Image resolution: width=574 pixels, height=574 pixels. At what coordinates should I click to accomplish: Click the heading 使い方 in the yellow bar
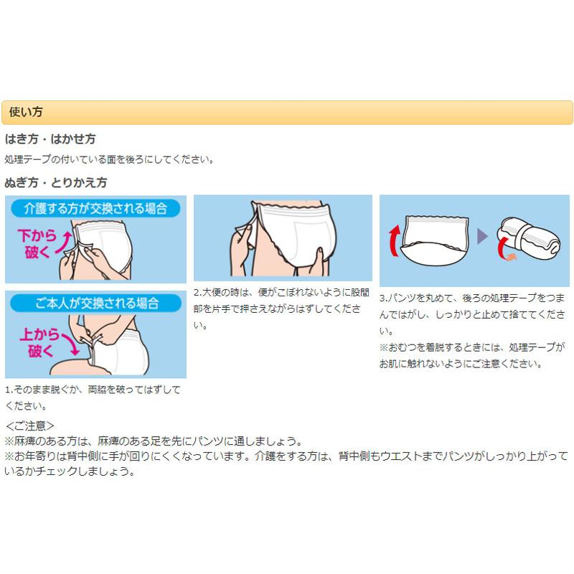tap(27, 112)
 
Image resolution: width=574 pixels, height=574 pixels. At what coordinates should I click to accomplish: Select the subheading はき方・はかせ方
tap(50, 139)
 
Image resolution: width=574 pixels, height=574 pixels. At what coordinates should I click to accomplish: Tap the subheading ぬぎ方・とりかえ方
tap(56, 182)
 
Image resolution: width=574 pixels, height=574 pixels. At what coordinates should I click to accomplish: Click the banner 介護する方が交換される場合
tap(95, 209)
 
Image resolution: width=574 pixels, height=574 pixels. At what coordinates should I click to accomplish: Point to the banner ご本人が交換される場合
tap(95, 303)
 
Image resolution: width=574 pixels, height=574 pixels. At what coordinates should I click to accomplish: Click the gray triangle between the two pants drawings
tap(482, 236)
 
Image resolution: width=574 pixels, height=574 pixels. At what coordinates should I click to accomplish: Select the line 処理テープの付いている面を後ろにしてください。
tap(109, 159)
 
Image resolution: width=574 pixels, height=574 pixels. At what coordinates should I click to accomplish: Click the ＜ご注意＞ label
tap(30, 425)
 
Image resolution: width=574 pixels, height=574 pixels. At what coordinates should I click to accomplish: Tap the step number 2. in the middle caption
tap(198, 293)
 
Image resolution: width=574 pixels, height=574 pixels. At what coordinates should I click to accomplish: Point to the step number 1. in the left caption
tap(9, 390)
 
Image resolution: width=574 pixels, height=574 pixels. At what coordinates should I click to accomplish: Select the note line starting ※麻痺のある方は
tap(154, 441)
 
